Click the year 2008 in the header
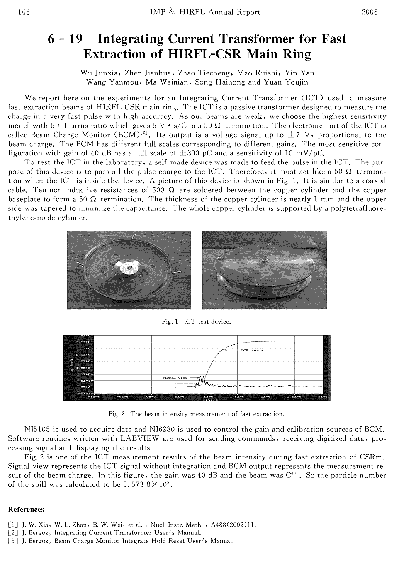(370, 12)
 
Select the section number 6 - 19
(65, 39)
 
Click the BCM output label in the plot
(252, 350)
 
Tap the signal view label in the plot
(175, 378)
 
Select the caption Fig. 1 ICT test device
(197, 322)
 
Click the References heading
(26, 510)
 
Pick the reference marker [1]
(13, 525)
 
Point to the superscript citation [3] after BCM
(144, 133)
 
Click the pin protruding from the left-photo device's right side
(177, 272)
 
